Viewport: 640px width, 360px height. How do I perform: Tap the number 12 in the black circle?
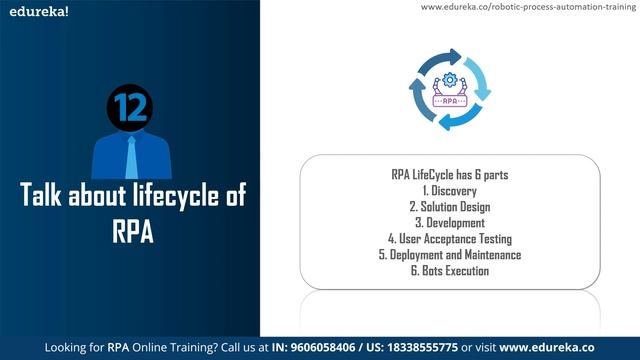click(130, 107)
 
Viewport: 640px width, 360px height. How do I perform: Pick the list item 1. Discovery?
click(450, 191)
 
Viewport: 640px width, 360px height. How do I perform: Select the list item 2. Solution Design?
click(450, 207)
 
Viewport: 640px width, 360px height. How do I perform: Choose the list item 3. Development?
click(450, 223)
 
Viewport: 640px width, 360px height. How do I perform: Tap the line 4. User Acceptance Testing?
click(450, 239)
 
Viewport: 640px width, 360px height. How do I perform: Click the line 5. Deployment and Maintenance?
click(450, 255)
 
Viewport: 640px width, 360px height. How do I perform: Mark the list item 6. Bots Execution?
click(450, 271)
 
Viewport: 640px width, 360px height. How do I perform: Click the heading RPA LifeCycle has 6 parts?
click(450, 175)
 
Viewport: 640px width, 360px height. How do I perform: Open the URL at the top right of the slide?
click(528, 7)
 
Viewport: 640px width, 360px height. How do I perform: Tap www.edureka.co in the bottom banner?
click(556, 348)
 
